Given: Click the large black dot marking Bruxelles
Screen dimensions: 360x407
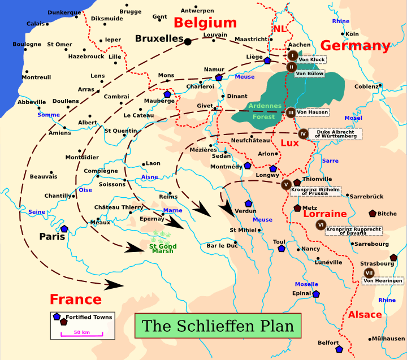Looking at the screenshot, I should click(188, 40).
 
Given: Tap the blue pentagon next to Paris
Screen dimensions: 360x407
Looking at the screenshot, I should click(64, 229).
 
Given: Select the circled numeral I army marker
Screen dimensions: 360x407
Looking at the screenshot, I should click(292, 55).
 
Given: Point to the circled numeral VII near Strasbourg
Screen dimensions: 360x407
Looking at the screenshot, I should click(369, 272).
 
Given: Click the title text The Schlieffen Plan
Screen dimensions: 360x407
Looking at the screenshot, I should click(218, 326).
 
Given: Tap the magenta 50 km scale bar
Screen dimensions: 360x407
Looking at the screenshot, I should click(82, 335).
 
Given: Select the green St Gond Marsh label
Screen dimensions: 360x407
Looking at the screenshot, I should click(162, 248).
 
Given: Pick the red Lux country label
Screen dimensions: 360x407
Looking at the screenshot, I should click(289, 144).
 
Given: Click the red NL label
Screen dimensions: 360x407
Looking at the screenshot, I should click(279, 29).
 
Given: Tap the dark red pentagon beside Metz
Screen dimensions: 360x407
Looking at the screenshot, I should click(297, 208).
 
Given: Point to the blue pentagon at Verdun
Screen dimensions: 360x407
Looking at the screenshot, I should click(248, 203).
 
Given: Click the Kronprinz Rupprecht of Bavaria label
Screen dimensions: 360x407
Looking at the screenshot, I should click(354, 231).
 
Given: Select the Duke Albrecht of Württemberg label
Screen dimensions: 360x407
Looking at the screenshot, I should click(335, 134).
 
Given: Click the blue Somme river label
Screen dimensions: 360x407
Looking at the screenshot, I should click(49, 115).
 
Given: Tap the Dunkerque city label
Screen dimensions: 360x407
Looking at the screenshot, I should click(64, 12).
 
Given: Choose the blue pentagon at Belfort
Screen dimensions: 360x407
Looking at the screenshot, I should click(339, 349).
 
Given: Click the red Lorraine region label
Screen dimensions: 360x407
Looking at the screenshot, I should click(324, 214).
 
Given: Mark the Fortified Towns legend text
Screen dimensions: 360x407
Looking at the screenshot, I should click(89, 317).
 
